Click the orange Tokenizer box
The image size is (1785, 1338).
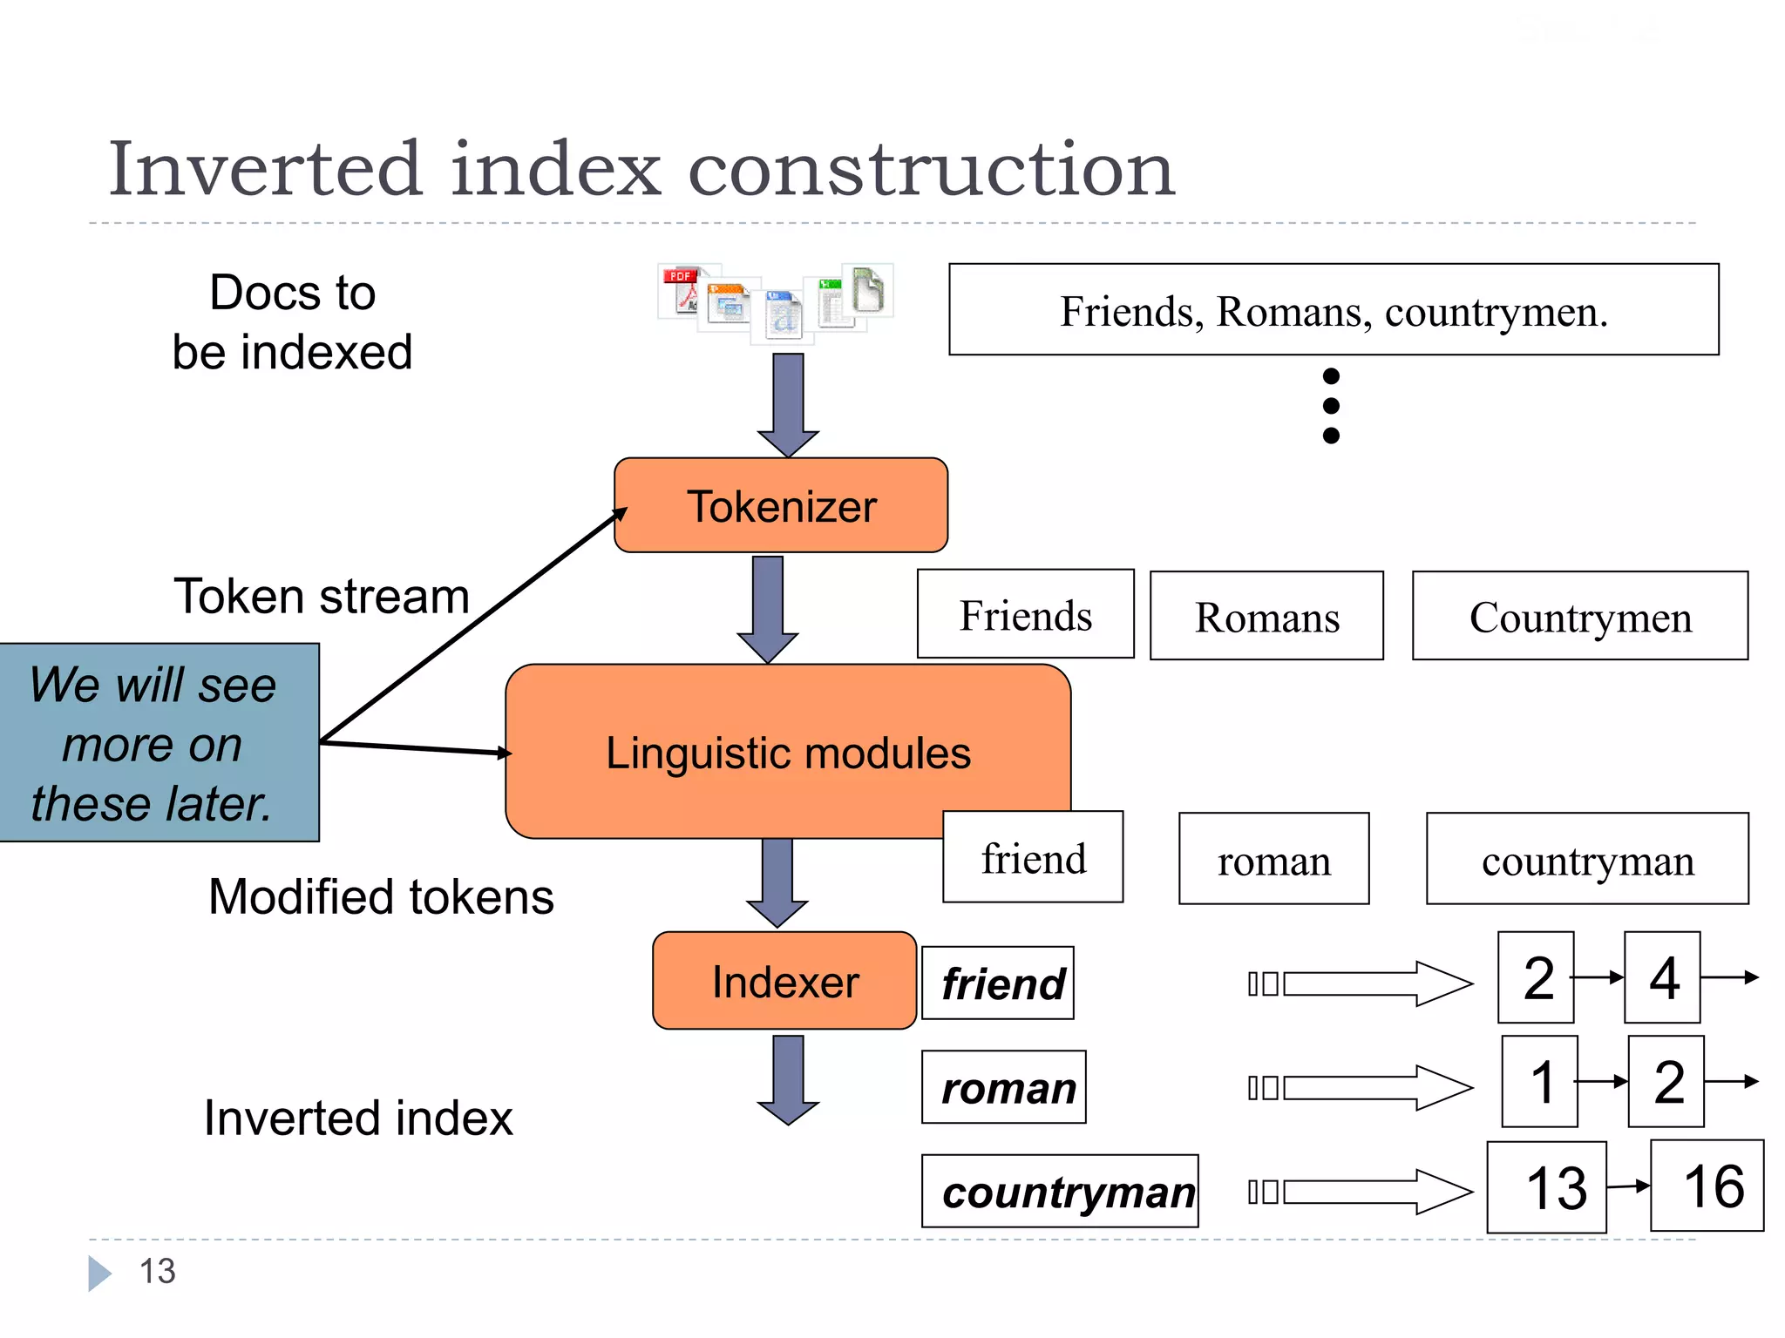(x=781, y=505)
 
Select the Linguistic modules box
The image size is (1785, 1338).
(x=787, y=752)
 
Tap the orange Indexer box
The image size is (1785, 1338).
(x=784, y=981)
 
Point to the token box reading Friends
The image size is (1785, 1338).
(x=1025, y=615)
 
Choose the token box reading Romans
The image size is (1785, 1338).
(x=1266, y=617)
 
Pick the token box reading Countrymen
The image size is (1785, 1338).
(x=1579, y=617)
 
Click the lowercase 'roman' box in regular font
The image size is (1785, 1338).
(x=1273, y=860)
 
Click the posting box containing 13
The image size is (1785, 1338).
(x=1546, y=1187)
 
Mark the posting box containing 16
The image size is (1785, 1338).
(x=1707, y=1186)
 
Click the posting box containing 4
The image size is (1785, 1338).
(x=1662, y=977)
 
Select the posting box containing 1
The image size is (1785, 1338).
(x=1539, y=1081)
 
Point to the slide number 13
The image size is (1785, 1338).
(x=158, y=1271)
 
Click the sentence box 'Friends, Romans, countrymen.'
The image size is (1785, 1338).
(x=1333, y=310)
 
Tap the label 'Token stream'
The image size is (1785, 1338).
(x=322, y=596)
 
